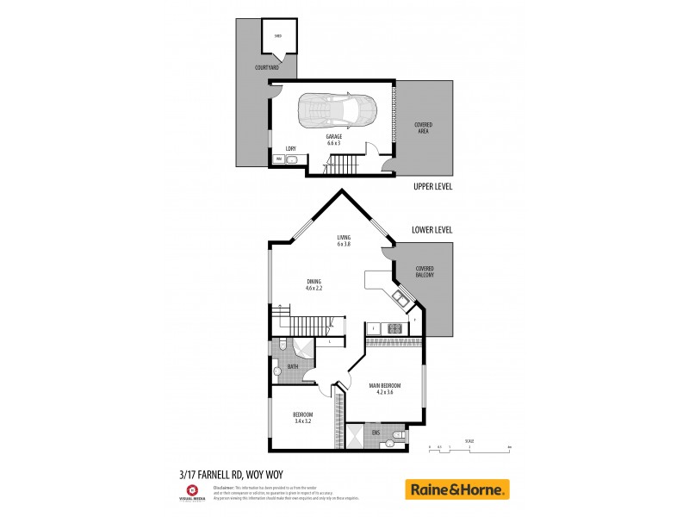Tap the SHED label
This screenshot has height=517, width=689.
click(277, 36)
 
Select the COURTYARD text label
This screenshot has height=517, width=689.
click(266, 67)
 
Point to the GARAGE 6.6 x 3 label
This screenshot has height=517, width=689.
click(333, 139)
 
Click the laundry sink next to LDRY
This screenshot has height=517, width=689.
click(291, 160)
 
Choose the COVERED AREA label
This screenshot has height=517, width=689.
click(424, 128)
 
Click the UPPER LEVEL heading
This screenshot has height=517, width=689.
click(433, 185)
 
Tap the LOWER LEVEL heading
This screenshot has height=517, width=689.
click(432, 230)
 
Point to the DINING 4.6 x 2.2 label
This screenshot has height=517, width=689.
click(313, 285)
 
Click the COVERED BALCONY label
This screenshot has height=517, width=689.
click(424, 271)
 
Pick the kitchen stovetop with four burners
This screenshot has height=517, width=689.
click(395, 328)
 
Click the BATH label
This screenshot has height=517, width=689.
click(293, 367)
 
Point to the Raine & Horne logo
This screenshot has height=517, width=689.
click(457, 489)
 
